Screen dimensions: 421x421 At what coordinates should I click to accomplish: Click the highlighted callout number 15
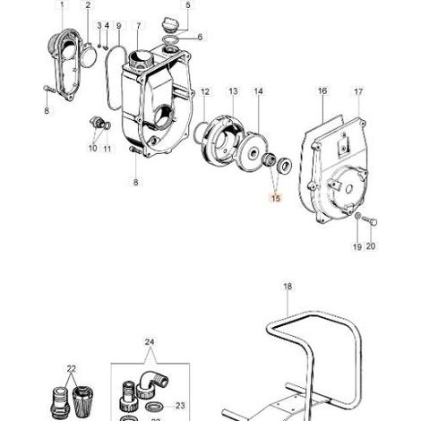click(276, 198)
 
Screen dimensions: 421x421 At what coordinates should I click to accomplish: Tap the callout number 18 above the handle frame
click(288, 287)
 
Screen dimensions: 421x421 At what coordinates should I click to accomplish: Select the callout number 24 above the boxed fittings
click(150, 342)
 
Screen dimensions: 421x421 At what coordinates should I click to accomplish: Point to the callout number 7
click(139, 26)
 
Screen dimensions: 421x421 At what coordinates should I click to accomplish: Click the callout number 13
click(233, 91)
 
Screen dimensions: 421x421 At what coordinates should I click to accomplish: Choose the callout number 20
click(371, 246)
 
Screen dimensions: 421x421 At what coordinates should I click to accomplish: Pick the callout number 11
click(107, 149)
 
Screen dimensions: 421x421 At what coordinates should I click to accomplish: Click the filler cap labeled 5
click(169, 24)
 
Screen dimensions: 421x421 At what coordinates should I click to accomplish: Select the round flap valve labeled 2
click(88, 56)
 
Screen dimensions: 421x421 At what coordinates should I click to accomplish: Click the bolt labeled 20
click(370, 221)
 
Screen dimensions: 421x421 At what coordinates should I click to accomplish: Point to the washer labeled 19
click(357, 216)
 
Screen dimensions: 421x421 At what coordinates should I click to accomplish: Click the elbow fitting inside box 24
click(151, 383)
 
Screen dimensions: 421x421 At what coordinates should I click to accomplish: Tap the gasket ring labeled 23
click(154, 406)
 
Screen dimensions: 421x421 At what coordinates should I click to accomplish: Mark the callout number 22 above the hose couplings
click(72, 369)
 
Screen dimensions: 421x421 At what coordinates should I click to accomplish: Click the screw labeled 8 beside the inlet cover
click(49, 89)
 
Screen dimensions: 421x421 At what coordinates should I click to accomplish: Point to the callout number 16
click(322, 90)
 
